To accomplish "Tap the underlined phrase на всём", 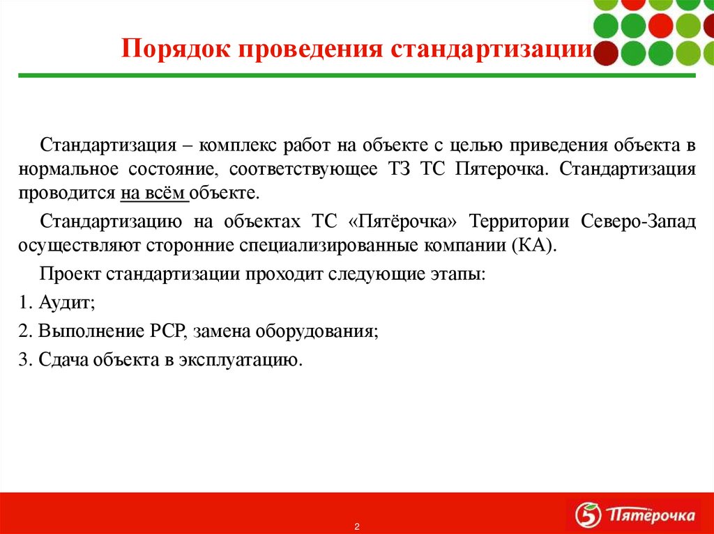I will coord(153,193).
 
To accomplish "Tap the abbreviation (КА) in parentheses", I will coord(533,246).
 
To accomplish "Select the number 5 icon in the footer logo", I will coord(587,515).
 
